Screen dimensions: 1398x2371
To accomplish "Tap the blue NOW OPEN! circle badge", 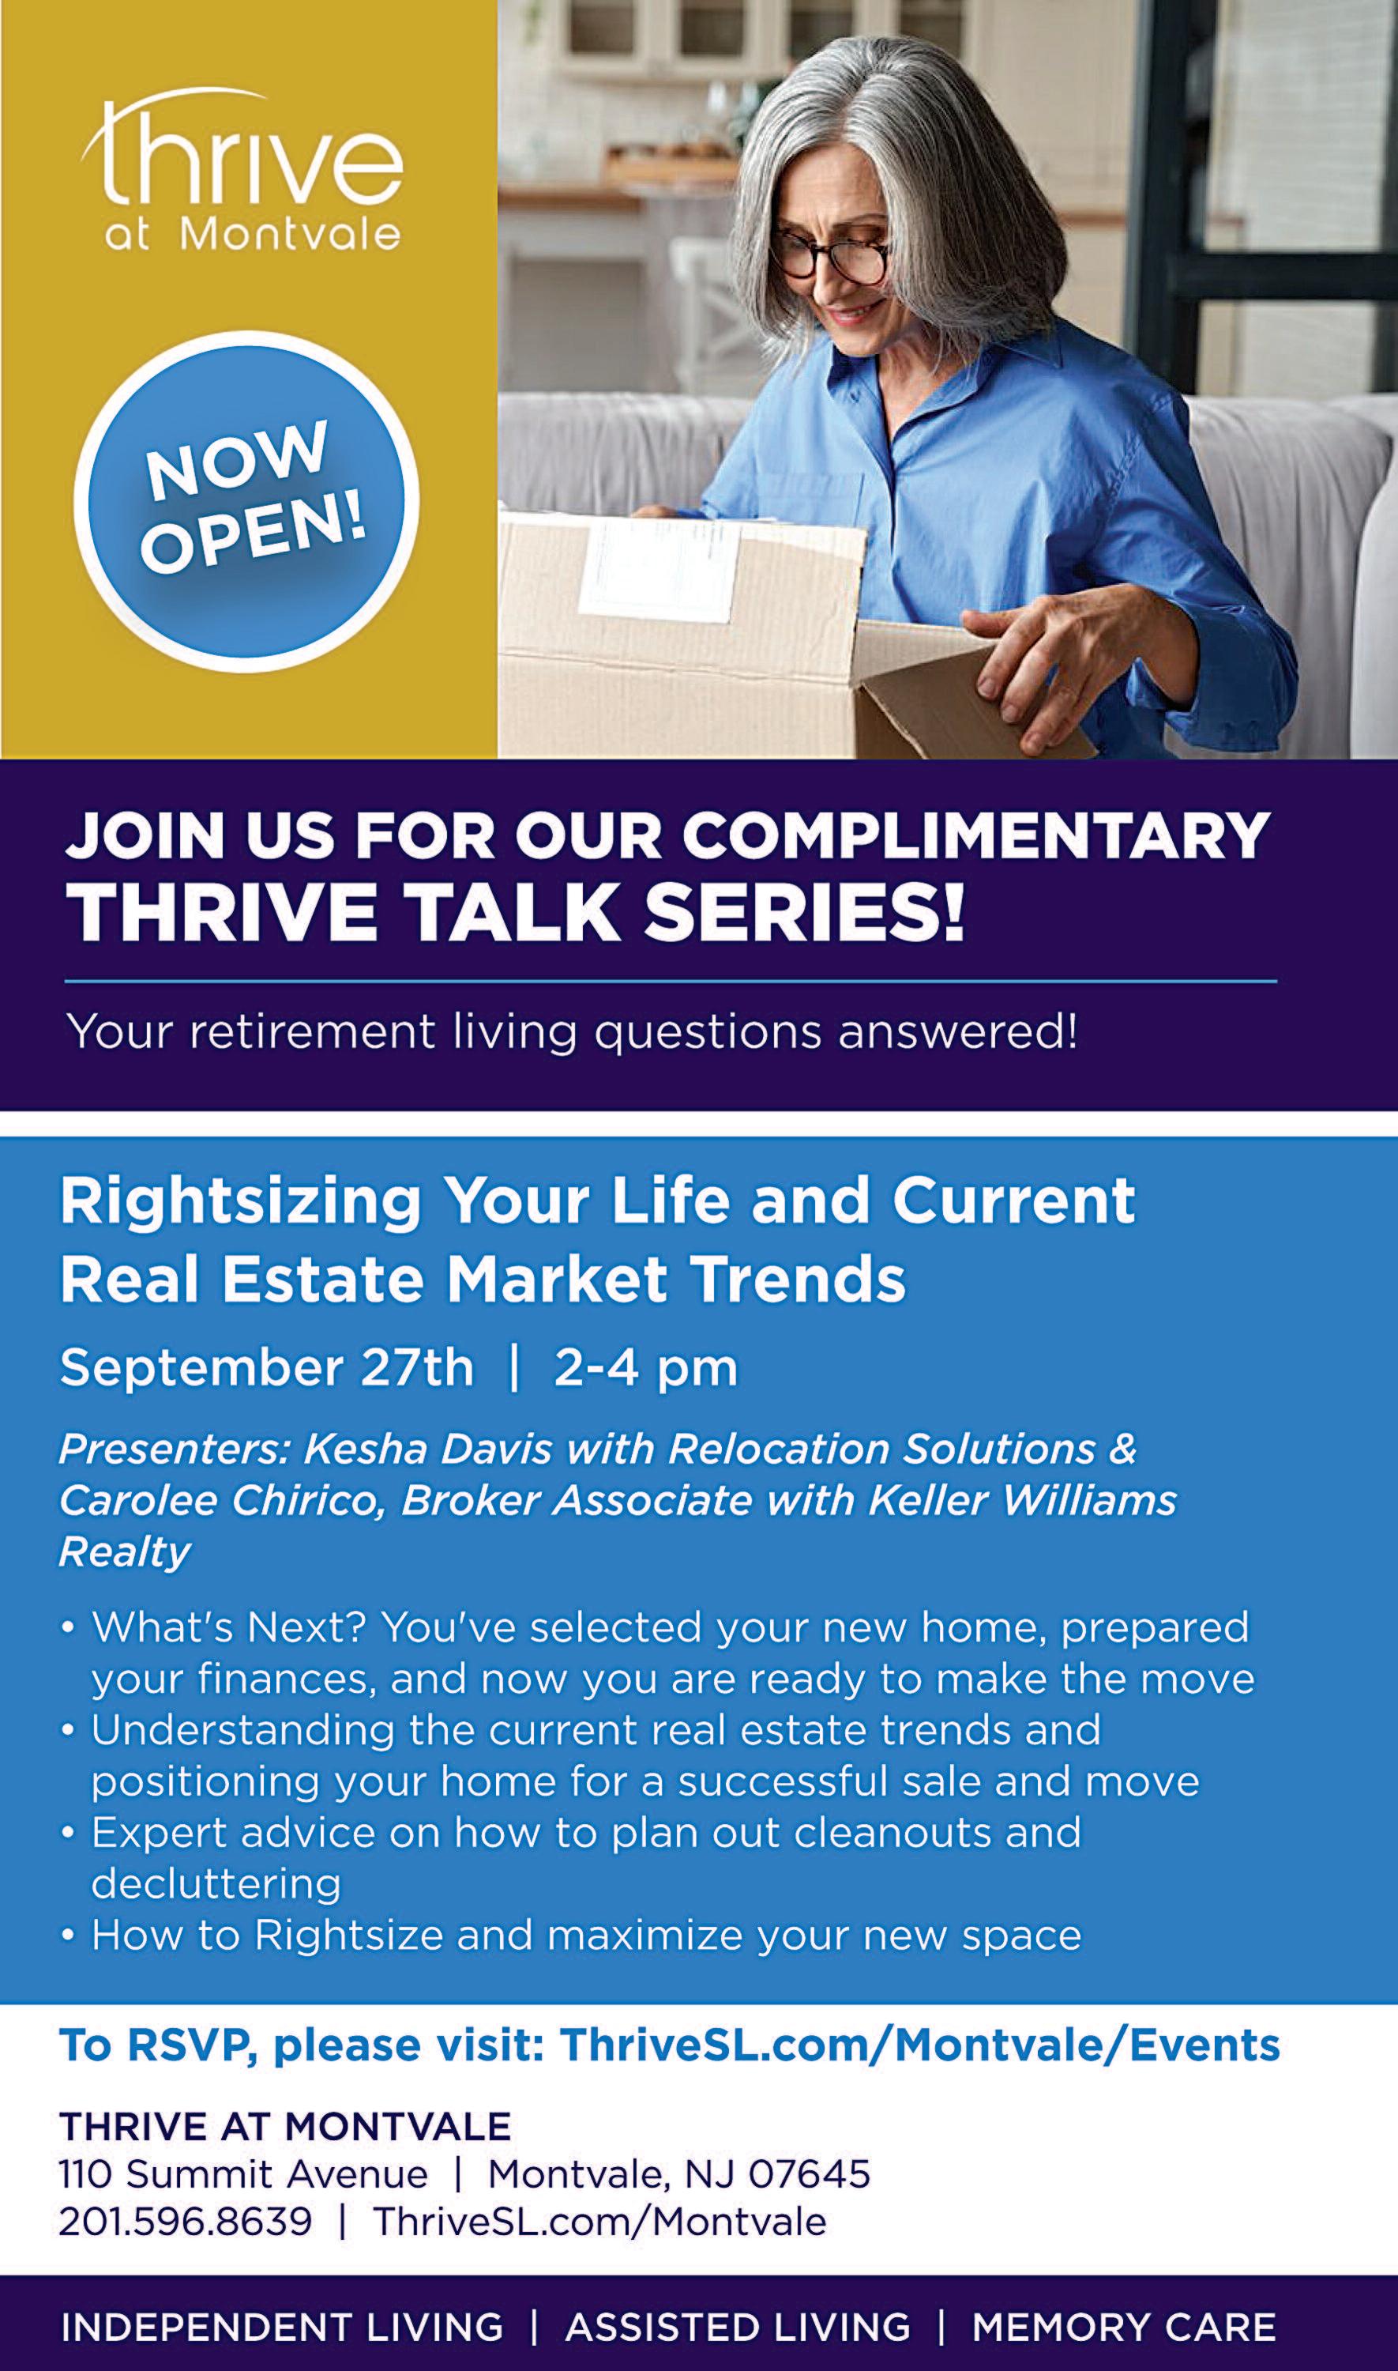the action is coord(246,500).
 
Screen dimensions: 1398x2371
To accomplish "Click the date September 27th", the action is coord(267,1367).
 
